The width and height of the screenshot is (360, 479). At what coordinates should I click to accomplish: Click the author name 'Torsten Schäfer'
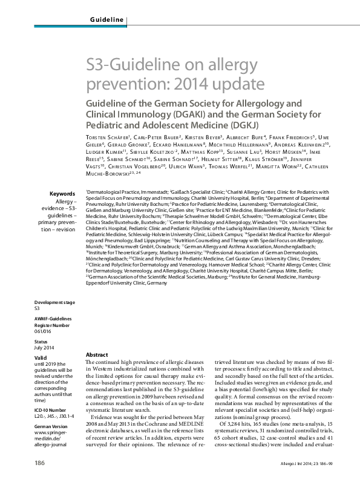click(106, 138)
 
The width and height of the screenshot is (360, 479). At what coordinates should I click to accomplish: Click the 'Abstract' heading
click(97, 354)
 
